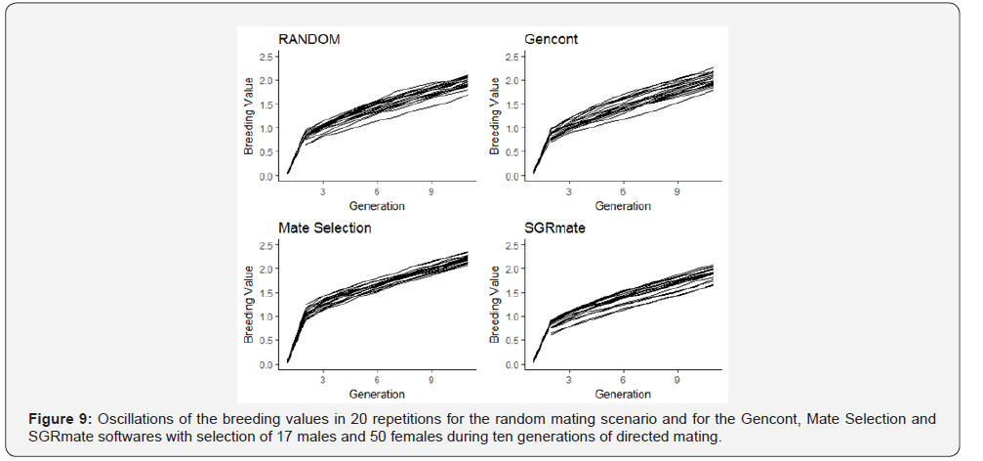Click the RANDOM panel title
[309, 39]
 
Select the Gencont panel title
[551, 39]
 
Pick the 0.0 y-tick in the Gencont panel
[513, 177]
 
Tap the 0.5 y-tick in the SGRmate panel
[513, 341]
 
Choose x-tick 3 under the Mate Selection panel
[322, 381]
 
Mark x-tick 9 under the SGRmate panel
[677, 381]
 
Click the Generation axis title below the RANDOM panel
[377, 206]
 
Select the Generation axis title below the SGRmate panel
[623, 395]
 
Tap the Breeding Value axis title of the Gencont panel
[495, 117]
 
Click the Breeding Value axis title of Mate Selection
[249, 306]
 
